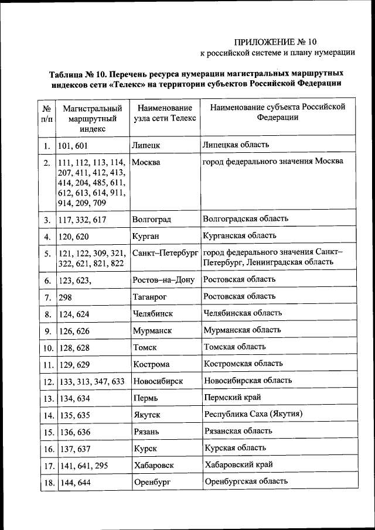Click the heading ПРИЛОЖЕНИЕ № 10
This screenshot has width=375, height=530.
coord(275,42)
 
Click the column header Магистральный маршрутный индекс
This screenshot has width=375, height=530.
coord(92,118)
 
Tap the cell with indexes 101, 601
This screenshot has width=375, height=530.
coord(74,145)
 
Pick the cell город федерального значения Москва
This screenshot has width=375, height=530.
coord(272,161)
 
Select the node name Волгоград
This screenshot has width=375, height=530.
coord(152,220)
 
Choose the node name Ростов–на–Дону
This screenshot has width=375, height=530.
coord(163,280)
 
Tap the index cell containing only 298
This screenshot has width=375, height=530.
coord(65,298)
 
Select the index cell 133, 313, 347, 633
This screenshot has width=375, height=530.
coord(91,381)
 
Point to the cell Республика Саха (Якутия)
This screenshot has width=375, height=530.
coord(253,414)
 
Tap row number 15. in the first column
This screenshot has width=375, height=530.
coord(47,432)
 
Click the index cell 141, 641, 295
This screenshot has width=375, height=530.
coord(83,466)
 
